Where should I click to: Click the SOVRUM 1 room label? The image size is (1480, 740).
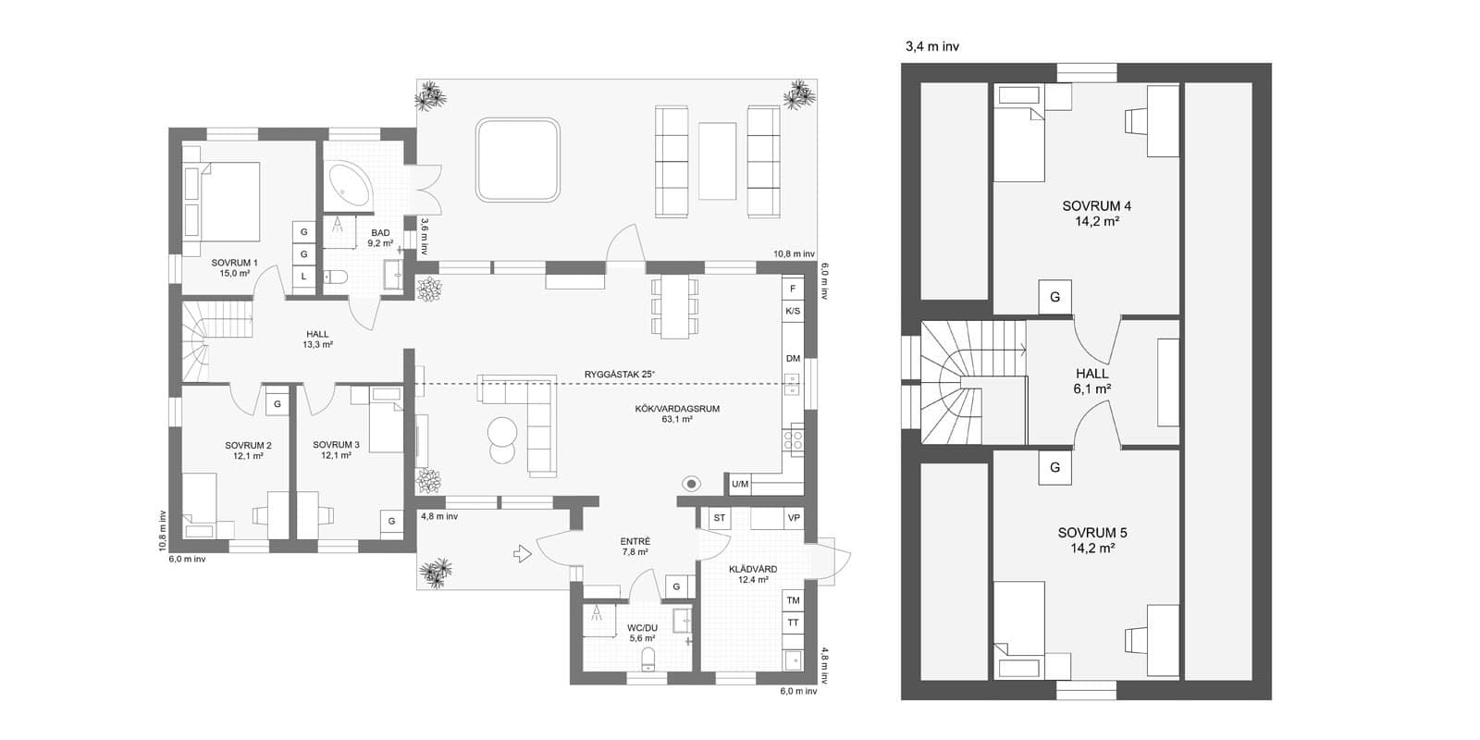pos(235,267)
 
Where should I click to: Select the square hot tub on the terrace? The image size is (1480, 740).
pos(517,160)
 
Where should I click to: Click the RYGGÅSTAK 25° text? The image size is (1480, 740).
pos(619,375)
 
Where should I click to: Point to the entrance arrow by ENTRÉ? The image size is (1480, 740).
pos(523,554)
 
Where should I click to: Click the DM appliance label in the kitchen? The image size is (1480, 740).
pos(793,359)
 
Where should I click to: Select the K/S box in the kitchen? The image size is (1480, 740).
pos(793,311)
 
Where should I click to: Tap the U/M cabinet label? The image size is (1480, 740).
pos(740,485)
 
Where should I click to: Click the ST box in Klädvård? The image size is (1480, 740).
pos(720,518)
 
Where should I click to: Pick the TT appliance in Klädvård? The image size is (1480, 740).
pos(793,623)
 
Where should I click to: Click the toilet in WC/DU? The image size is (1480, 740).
pos(648,659)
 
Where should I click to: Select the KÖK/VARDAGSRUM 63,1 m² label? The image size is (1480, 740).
pos(677,413)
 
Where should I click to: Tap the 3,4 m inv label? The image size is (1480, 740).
pos(932,47)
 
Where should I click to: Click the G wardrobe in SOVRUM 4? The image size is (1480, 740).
pos(1054,297)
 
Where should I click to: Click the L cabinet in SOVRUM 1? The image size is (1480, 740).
pos(304,277)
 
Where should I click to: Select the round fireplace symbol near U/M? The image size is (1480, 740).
pos(691,485)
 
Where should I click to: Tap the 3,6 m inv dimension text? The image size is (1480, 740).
pos(425,237)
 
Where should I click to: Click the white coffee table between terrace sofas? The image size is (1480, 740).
pos(718,161)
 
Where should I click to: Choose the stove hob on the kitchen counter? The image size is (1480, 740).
pos(793,439)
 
